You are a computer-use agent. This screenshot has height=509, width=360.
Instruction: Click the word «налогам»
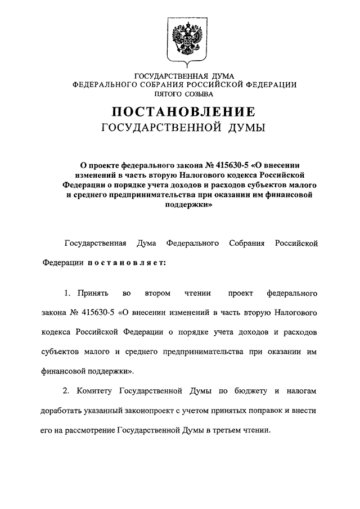coord(304,390)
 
